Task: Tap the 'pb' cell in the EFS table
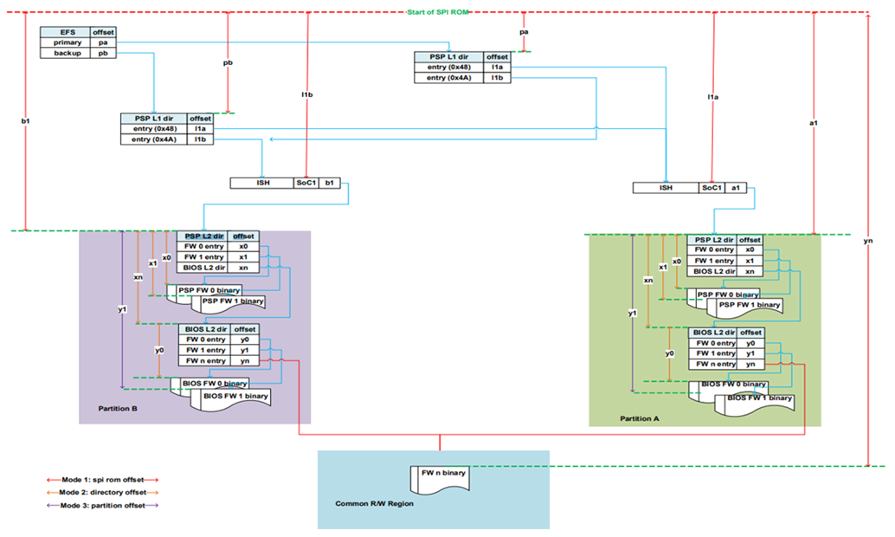pyautogui.click(x=103, y=53)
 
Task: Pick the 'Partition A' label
pyautogui.click(x=640, y=418)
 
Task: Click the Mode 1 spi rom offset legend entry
pyautogui.click(x=103, y=479)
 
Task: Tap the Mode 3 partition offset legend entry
pyautogui.click(x=103, y=505)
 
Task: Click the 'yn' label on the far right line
pyautogui.click(x=868, y=242)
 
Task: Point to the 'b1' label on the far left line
pyautogui.click(x=26, y=122)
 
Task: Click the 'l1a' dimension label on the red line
pyautogui.click(x=712, y=97)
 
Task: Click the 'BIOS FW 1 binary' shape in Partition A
pyautogui.click(x=758, y=398)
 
